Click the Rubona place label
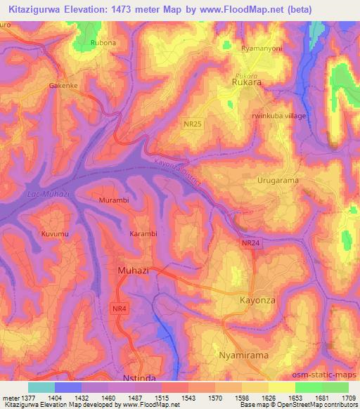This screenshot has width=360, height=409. click(103, 44)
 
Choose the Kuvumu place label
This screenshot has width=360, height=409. click(54, 233)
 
